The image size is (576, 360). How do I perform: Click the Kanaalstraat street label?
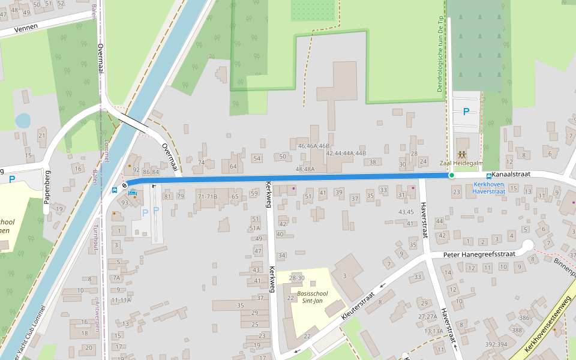coord(512,175)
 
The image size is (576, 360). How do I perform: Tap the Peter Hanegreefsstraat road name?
coord(479,254)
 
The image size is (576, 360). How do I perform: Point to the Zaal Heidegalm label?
coord(461,163)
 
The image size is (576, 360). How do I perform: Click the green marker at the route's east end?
coord(451,175)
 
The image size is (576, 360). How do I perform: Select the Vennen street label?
coord(26,27)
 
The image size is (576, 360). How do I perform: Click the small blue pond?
coord(23,121)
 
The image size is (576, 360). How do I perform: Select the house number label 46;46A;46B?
coord(314,146)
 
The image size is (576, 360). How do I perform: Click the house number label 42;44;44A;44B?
coord(346,154)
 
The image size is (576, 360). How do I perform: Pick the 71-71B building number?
coord(208,196)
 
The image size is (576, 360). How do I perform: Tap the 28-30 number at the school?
coord(296,278)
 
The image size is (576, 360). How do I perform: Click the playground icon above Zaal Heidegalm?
coord(461,155)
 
